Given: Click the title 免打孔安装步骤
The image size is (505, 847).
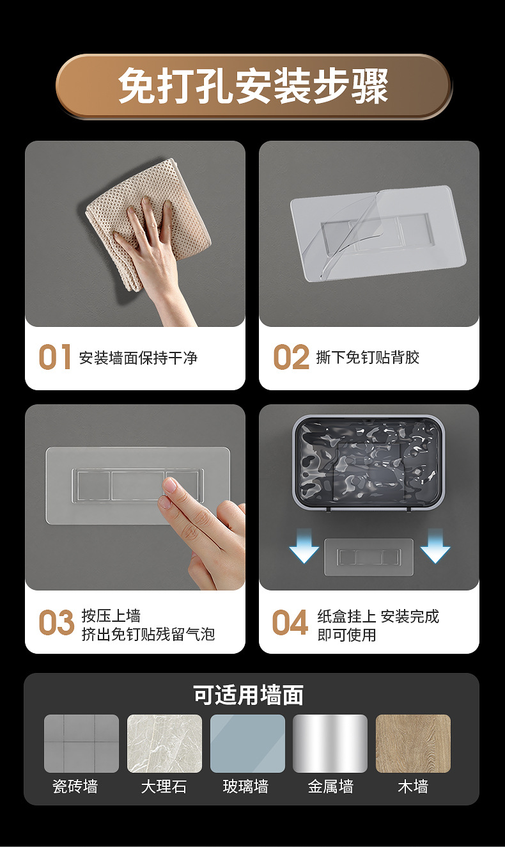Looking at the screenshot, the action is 253,86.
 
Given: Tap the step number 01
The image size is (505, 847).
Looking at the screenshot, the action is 55,356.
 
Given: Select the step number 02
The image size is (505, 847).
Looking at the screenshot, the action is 291,356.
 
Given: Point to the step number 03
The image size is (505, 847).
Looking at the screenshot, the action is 56,622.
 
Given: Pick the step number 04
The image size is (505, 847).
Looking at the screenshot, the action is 290,622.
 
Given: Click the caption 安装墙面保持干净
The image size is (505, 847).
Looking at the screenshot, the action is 138,358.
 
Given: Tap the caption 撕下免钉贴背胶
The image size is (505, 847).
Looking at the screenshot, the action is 368,357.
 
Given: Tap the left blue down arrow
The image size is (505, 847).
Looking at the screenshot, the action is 304,546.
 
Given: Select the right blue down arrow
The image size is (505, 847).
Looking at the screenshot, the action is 435,546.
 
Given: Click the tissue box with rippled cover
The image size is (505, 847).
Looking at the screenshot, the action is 368,463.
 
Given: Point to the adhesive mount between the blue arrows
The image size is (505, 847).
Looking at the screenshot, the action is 369,557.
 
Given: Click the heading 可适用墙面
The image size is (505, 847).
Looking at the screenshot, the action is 248,695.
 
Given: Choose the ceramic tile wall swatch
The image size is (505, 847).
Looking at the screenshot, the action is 81,743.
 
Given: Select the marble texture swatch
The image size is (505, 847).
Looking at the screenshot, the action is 164,743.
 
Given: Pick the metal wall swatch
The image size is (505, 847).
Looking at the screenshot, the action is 330,743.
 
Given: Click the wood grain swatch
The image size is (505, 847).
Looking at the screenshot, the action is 413,743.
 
